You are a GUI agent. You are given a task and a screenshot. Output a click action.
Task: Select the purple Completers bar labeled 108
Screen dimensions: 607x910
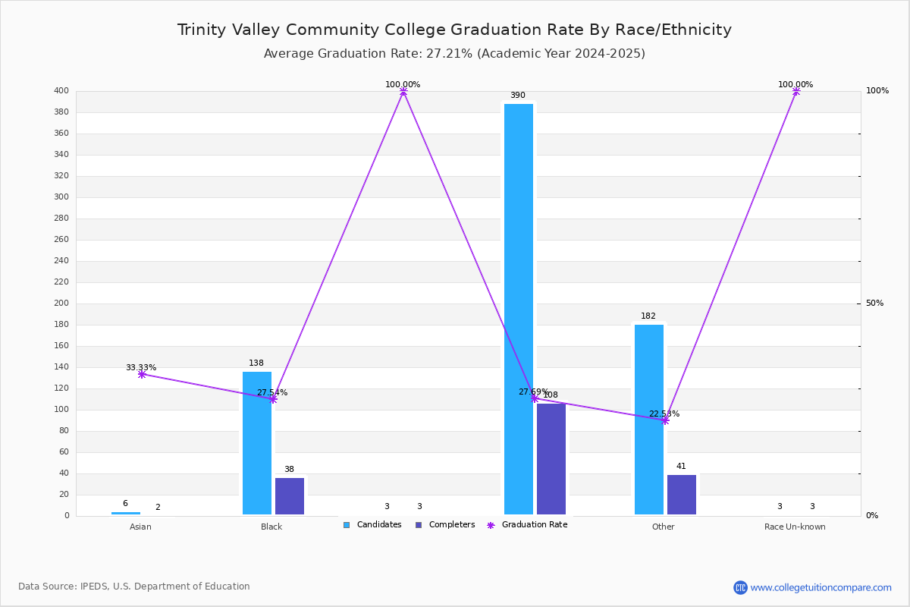(551, 458)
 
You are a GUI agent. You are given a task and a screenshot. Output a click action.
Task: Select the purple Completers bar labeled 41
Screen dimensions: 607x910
(682, 494)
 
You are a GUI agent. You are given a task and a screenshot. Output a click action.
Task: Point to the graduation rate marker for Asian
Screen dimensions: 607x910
(142, 374)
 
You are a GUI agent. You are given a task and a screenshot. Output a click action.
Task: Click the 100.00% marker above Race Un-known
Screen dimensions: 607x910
(795, 91)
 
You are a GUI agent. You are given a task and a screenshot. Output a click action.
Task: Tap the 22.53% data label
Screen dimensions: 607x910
(664, 414)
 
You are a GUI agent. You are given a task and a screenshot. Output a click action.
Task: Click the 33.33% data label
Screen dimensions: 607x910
(141, 368)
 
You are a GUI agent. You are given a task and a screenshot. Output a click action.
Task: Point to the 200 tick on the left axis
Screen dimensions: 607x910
(61, 303)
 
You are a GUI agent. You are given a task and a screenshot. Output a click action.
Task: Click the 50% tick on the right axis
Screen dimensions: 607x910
(874, 303)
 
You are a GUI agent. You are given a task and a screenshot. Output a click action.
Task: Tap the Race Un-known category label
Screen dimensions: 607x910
(795, 527)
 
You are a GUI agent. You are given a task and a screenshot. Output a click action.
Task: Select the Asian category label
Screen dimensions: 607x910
(140, 527)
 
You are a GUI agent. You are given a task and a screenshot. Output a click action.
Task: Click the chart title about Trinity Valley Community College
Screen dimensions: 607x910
(454, 30)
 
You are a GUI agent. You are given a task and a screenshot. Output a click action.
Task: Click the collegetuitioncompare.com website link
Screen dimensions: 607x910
(821, 587)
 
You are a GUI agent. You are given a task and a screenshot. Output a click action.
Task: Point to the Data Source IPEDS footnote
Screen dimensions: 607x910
(134, 587)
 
